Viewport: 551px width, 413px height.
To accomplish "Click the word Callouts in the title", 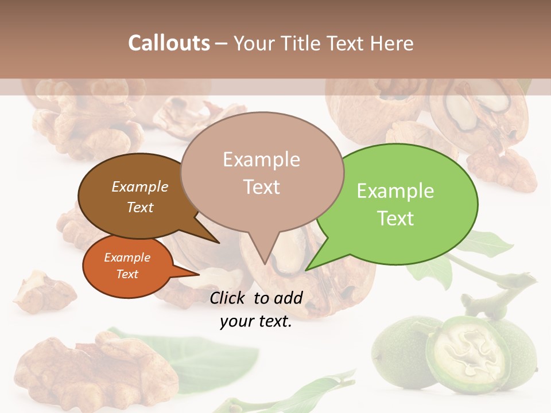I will coord(169,43).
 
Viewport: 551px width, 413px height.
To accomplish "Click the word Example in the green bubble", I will coord(395,191).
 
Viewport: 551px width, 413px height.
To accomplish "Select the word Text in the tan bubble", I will coord(262,187).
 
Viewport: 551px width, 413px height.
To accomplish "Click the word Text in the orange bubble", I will coord(127,274).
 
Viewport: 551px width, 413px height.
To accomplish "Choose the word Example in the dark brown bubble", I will coord(140,186).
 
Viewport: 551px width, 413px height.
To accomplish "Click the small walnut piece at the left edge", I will coord(40,290).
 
